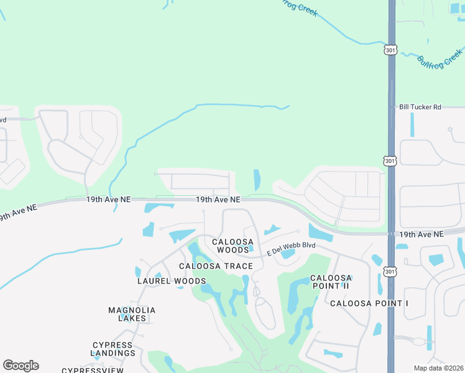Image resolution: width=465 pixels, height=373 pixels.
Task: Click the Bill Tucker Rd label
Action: [420, 107]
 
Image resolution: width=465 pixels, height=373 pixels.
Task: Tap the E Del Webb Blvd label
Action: [292, 249]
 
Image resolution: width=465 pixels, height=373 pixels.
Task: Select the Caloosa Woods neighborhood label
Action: [233, 246]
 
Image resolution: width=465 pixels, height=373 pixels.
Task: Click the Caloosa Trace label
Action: [216, 266]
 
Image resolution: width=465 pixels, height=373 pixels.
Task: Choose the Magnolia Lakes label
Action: [132, 314]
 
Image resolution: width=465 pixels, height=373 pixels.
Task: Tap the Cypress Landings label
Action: [114, 349]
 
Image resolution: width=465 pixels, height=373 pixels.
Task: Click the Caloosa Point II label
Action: [331, 282]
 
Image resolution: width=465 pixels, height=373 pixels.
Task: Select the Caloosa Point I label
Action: [369, 303]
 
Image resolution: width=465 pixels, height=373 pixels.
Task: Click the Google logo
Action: [21, 366]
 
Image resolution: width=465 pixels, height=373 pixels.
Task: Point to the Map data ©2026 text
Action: [438, 368]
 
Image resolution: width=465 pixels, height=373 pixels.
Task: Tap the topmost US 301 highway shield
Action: [390, 50]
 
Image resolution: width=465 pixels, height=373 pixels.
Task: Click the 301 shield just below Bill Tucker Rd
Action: [390, 160]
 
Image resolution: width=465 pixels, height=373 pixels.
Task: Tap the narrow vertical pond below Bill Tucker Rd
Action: [412, 124]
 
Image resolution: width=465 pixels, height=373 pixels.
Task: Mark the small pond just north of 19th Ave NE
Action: [257, 180]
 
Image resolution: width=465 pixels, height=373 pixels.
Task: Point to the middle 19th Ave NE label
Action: [218, 200]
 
